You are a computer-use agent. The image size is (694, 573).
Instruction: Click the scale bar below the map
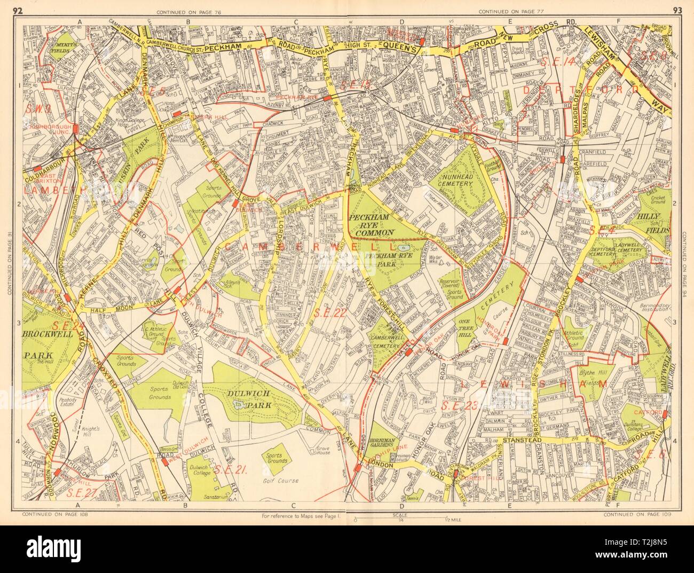(400, 519)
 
